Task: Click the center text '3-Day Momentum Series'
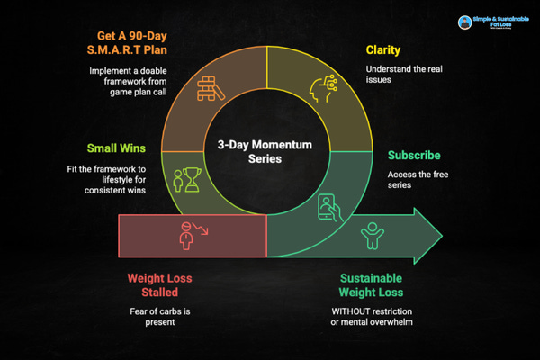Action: (268, 150)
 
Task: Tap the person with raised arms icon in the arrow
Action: (370, 238)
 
